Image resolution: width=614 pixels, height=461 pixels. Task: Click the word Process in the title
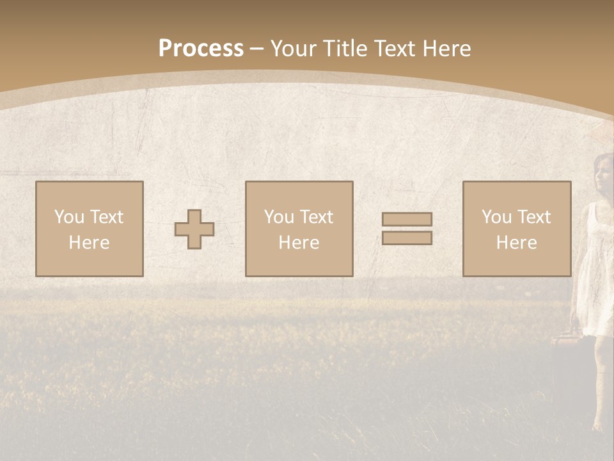click(x=201, y=49)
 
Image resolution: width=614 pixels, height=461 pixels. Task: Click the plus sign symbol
click(x=194, y=229)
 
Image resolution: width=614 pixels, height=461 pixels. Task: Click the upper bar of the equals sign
click(x=407, y=219)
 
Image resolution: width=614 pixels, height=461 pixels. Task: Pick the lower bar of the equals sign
click(x=407, y=238)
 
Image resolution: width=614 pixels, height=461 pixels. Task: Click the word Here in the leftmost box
click(x=90, y=243)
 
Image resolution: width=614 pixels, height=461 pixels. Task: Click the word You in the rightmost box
click(x=496, y=217)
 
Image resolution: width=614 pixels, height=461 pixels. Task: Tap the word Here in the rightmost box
click(x=517, y=243)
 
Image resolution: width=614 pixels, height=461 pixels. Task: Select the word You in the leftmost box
click(x=69, y=217)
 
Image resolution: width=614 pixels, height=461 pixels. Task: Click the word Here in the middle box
click(x=299, y=243)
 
